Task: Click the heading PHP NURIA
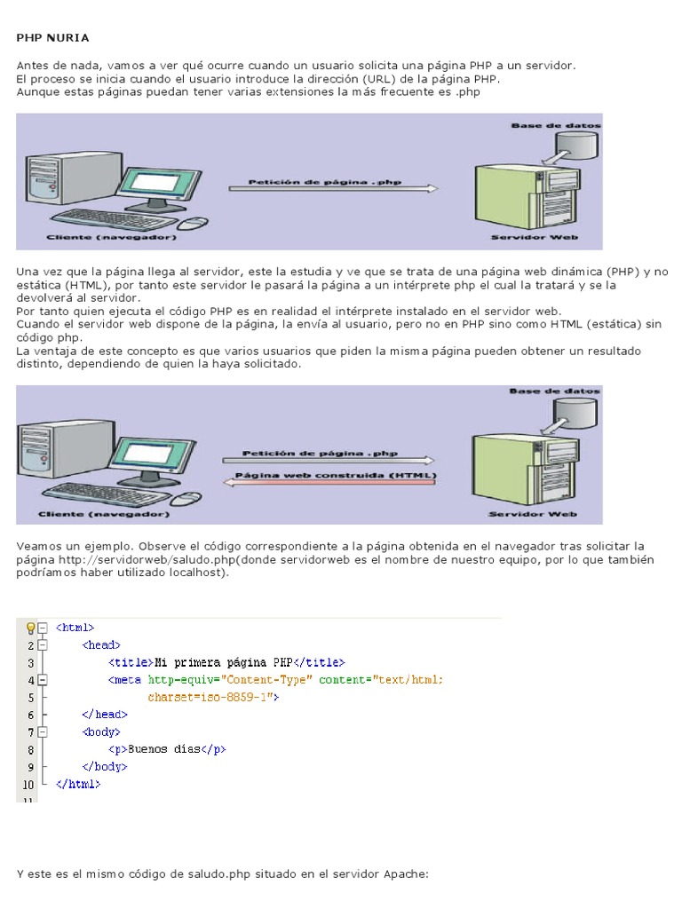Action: [x=53, y=38]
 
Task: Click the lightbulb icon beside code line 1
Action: [x=30, y=628]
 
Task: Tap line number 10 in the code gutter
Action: [x=28, y=785]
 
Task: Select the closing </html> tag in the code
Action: [x=78, y=785]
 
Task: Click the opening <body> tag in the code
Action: [x=100, y=732]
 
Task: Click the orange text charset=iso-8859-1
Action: [x=213, y=698]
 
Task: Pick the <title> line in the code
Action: [x=226, y=662]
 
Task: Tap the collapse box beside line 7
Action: [x=42, y=732]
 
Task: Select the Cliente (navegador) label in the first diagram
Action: [x=112, y=238]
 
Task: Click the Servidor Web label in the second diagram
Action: [x=534, y=514]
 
